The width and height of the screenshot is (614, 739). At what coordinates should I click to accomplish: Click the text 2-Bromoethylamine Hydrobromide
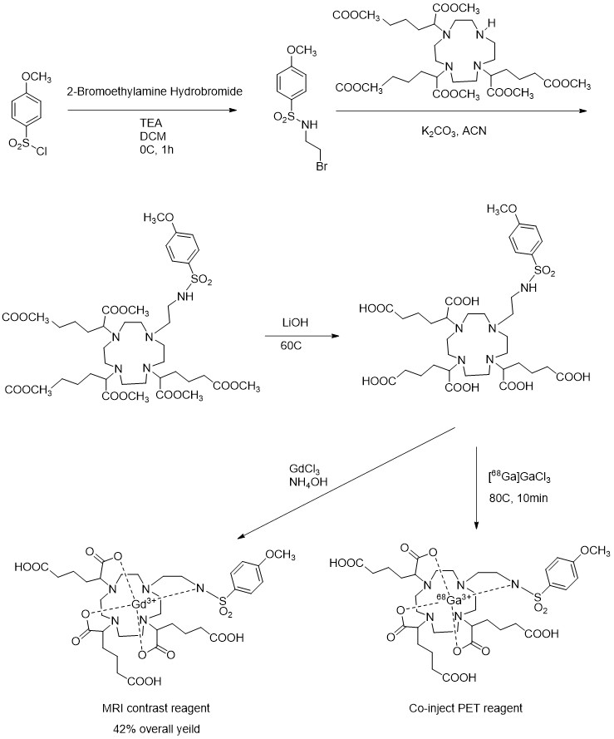point(154,91)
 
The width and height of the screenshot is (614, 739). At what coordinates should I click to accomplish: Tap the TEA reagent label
point(151,124)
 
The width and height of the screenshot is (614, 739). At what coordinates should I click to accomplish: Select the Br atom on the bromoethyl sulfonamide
point(322,166)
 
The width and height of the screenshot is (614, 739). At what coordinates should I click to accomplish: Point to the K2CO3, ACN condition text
point(454,131)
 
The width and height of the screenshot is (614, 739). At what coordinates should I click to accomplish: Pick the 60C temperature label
point(292,347)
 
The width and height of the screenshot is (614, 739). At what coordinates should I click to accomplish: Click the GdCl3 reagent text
point(304,470)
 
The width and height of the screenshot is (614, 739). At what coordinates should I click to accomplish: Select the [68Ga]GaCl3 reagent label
point(518,478)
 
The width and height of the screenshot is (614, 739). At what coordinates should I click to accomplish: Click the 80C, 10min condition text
point(518,498)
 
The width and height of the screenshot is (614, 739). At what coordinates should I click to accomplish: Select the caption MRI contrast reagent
point(156,708)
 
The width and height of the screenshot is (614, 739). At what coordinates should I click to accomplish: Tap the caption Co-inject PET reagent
point(466,708)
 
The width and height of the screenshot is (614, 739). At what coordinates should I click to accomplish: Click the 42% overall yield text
point(156,729)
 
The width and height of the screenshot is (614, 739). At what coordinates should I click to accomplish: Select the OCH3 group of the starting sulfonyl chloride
point(37,77)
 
